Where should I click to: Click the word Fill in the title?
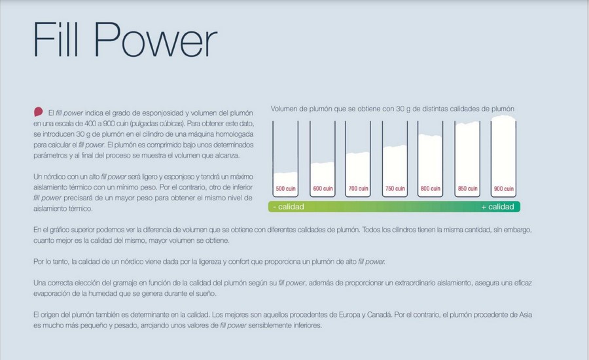(56, 39)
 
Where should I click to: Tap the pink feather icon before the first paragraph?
(39, 112)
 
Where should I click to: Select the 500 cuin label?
(285, 189)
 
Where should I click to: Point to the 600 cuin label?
(323, 189)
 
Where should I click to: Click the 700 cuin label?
(358, 189)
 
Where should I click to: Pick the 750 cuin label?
(395, 189)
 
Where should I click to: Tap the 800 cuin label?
(430, 189)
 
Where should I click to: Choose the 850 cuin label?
(467, 189)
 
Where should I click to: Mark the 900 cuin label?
(503, 189)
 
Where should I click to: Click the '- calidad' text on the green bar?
(289, 207)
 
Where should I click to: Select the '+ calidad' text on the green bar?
(497, 207)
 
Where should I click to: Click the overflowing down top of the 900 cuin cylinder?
(503, 118)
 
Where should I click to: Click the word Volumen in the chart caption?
(283, 109)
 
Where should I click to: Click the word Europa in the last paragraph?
(351, 315)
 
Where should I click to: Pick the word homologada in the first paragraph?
(234, 134)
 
